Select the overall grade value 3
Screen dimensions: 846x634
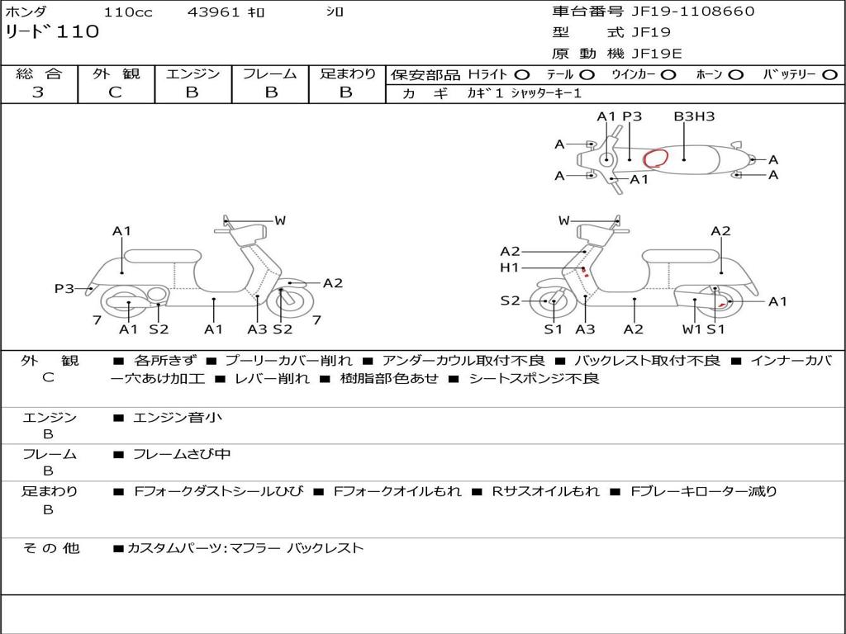[x=38, y=92]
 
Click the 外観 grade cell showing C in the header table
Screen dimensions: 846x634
[x=116, y=92]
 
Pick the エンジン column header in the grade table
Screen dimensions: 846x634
[x=192, y=74]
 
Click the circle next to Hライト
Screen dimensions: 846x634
[x=522, y=75]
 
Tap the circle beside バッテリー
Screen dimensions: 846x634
[x=829, y=75]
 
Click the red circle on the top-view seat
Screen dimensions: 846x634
[x=656, y=158]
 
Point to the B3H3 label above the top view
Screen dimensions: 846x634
[x=694, y=116]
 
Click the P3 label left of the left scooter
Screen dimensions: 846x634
[x=64, y=288]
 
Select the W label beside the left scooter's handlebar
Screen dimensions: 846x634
[x=280, y=220]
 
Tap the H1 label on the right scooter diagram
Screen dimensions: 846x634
[x=509, y=268]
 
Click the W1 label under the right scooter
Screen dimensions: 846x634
[x=692, y=329]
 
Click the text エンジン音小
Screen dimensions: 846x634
[x=178, y=418]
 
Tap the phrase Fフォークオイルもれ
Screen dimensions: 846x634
[x=397, y=491]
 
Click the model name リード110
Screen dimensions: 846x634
[x=52, y=32]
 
